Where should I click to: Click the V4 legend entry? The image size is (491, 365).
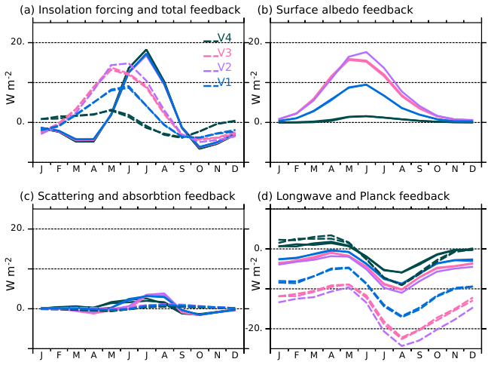pos(224,38)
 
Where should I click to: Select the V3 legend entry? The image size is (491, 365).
pos(224,53)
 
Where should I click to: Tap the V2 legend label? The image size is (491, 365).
pos(224,68)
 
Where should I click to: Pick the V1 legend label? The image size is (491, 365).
pos(224,82)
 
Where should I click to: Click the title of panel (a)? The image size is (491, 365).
pos(130,10)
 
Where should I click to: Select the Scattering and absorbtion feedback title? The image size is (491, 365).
pos(128,196)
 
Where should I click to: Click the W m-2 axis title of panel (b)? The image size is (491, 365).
pos(255,88)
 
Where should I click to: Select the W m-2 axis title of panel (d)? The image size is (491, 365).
pos(255,275)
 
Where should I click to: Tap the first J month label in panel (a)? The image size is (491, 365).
pos(41,169)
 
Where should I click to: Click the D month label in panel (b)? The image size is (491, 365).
pos(472,169)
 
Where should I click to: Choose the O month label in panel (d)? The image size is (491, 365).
pos(437,356)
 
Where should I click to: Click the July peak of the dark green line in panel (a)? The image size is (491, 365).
pos(146,50)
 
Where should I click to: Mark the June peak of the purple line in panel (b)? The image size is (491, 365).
pos(366,52)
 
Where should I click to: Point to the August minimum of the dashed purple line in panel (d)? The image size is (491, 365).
pos(402,346)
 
